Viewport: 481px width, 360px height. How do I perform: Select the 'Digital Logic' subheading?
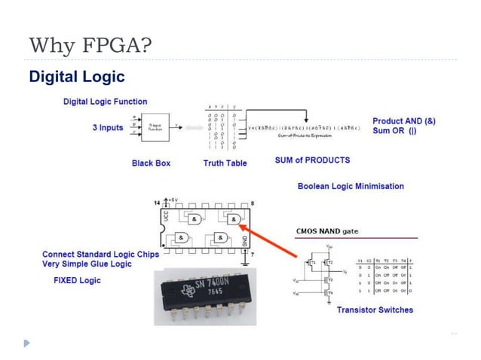(76, 77)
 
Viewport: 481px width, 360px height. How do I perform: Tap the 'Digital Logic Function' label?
(105, 102)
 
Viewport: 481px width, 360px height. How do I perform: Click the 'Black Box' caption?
(152, 163)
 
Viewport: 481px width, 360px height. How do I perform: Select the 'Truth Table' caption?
(224, 163)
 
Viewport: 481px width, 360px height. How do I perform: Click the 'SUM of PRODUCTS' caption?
(312, 160)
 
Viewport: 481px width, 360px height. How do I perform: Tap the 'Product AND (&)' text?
(403, 121)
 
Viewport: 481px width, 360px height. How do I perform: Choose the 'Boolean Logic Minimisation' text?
(351, 186)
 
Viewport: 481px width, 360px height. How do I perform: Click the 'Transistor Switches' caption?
(375, 310)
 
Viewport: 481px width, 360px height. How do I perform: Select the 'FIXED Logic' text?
(77, 280)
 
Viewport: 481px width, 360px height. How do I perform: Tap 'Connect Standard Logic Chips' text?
(100, 255)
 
